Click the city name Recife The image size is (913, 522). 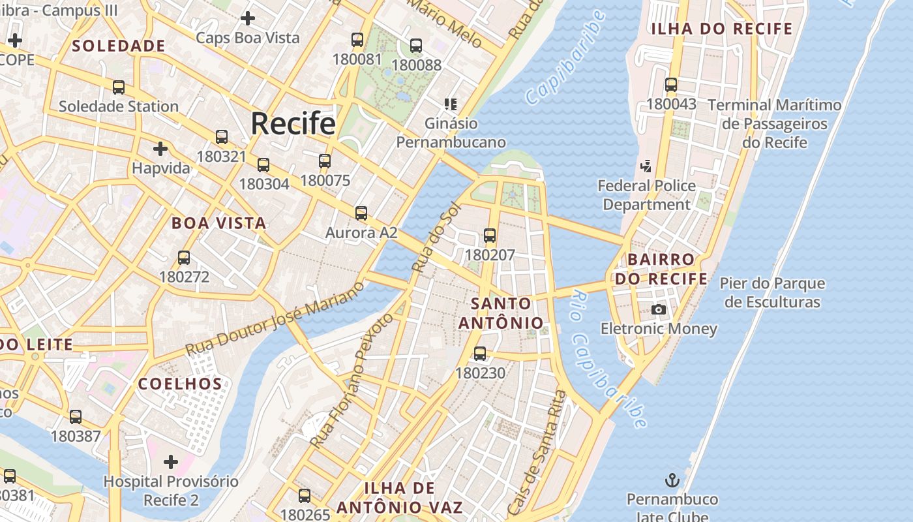click(x=293, y=123)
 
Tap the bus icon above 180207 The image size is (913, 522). click(x=490, y=236)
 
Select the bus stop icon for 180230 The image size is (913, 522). click(x=480, y=354)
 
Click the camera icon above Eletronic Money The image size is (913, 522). click(x=659, y=309)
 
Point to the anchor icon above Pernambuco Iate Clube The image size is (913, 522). click(x=672, y=481)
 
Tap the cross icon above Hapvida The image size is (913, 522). click(x=160, y=149)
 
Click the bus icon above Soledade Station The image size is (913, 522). click(x=119, y=87)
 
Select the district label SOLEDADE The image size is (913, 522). click(x=119, y=46)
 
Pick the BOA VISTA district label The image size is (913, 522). click(x=219, y=223)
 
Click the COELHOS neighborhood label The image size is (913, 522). click(x=180, y=384)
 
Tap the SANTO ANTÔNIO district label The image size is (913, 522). click(x=501, y=313)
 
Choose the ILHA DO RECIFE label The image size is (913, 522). click(x=722, y=29)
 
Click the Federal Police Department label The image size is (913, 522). click(x=647, y=195)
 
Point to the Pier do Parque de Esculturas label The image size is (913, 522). click(x=772, y=293)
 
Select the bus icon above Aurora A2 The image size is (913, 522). click(x=361, y=213)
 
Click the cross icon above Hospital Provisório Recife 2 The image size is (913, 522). click(x=171, y=462)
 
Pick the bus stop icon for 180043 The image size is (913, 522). click(x=671, y=85)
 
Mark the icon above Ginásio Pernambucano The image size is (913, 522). click(x=451, y=104)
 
